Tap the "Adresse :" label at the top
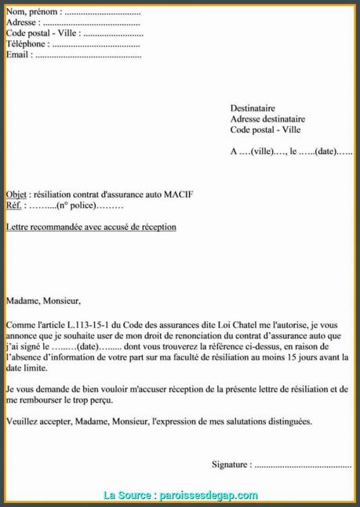point(24,24)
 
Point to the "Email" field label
point(18,56)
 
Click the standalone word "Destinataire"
point(253,108)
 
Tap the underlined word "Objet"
point(16,195)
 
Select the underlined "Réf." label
point(13,206)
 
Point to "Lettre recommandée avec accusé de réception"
point(91,227)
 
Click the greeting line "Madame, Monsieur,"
point(43,300)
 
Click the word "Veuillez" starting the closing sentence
point(22,421)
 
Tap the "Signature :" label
point(232,464)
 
